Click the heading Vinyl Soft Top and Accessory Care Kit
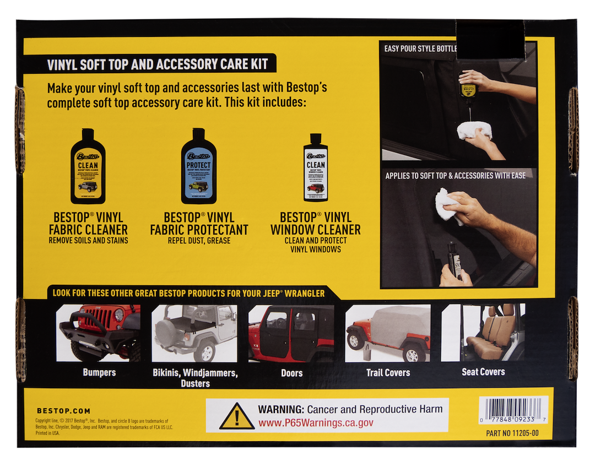(x=158, y=64)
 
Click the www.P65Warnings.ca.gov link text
(x=316, y=423)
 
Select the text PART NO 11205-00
(x=512, y=433)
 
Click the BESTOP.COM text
(x=63, y=411)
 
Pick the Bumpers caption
(x=99, y=372)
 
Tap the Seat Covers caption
(x=483, y=372)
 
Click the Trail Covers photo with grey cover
(x=388, y=333)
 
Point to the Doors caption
(x=291, y=373)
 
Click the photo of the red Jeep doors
(x=291, y=333)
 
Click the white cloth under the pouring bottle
(x=474, y=131)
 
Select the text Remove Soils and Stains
(x=88, y=240)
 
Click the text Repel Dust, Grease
(x=199, y=240)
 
